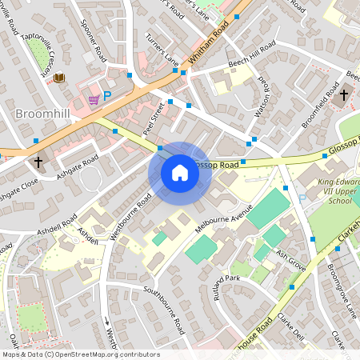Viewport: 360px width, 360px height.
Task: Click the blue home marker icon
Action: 180,173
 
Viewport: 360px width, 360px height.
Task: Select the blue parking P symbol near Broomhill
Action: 107,95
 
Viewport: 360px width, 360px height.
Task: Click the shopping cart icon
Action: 94,99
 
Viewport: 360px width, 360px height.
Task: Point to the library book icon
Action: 59,78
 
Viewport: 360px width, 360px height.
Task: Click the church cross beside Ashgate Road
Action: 38,162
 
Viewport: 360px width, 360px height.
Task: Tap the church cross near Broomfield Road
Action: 343,96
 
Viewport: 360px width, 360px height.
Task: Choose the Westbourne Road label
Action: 133,218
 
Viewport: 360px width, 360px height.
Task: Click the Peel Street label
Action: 152,118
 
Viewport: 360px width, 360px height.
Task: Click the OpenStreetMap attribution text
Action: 80,354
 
